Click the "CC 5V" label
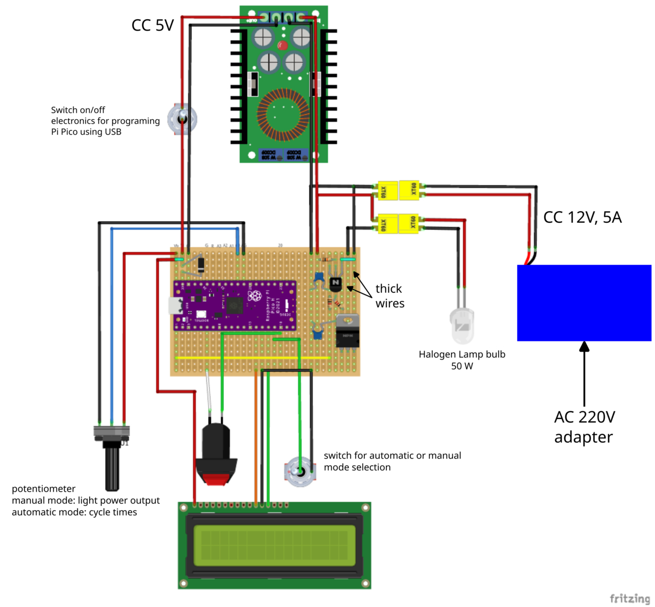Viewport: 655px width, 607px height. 152,25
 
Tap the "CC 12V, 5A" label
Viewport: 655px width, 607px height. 582,217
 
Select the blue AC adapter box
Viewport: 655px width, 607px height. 584,302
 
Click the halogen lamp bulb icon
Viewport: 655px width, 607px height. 462,325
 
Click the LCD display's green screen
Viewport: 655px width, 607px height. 274,546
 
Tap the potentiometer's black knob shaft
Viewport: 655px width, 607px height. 112,468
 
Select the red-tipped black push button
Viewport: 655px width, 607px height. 216,454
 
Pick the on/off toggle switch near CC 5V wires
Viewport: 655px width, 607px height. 182,119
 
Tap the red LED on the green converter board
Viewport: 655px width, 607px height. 283,45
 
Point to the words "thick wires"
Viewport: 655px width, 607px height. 389,296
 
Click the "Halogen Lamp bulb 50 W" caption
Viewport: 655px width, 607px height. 462,360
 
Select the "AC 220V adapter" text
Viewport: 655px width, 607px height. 584,427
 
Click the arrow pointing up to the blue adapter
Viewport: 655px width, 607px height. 584,374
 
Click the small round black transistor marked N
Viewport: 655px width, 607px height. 336,284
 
